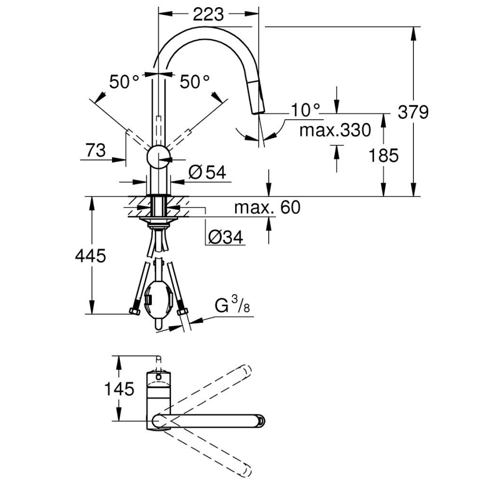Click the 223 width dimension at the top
coord(209,14)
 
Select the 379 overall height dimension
coord(413,112)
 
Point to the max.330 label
coord(335,131)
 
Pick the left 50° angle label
coord(124,82)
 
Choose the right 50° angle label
coord(195,82)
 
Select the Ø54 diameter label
coord(207,173)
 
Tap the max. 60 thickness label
coord(267,207)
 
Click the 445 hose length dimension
coord(90,256)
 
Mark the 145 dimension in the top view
coord(119,389)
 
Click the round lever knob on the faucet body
coord(158,156)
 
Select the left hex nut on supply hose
coord(134,311)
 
